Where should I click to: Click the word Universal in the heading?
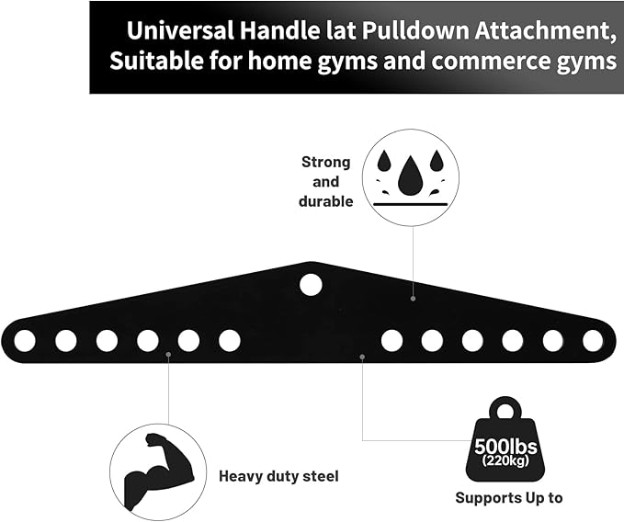(x=176, y=30)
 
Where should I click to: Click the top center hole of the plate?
(x=311, y=284)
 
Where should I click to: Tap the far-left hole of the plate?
(x=25, y=341)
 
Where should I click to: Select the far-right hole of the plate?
(x=593, y=341)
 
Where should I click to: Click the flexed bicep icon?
(x=153, y=469)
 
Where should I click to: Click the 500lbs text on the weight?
(x=507, y=448)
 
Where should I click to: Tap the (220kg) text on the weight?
(x=507, y=462)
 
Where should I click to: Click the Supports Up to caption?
(x=508, y=498)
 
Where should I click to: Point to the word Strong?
(x=326, y=163)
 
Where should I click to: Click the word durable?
(x=326, y=201)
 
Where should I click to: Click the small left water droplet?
(x=381, y=162)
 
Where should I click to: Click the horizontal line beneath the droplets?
(x=411, y=203)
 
